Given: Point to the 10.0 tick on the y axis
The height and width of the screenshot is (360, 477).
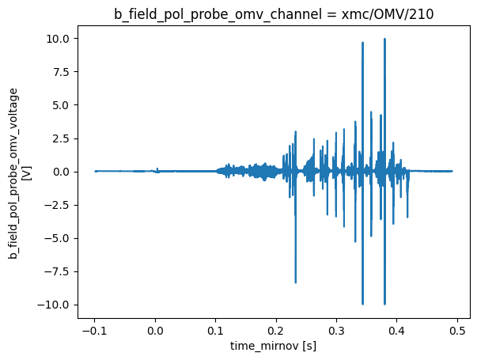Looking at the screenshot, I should click(x=61, y=39).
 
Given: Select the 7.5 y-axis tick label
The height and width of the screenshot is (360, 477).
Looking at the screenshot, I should click(x=63, y=72).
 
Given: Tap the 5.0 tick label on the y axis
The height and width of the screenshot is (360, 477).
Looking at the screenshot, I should click(x=63, y=105).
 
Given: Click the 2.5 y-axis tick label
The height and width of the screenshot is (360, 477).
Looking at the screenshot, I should click(x=63, y=138).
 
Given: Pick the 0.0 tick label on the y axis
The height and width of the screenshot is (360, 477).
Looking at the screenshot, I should click(x=63, y=172).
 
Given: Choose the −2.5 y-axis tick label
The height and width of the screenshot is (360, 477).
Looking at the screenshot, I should click(x=60, y=205).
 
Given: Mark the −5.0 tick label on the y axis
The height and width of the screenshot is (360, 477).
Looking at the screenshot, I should click(x=60, y=238).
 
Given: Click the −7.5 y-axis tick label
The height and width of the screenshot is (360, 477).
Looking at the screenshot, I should click(x=60, y=271).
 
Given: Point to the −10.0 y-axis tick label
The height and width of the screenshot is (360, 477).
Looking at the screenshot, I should click(x=58, y=305).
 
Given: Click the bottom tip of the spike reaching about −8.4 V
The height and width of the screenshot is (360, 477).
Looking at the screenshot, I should click(x=296, y=282).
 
